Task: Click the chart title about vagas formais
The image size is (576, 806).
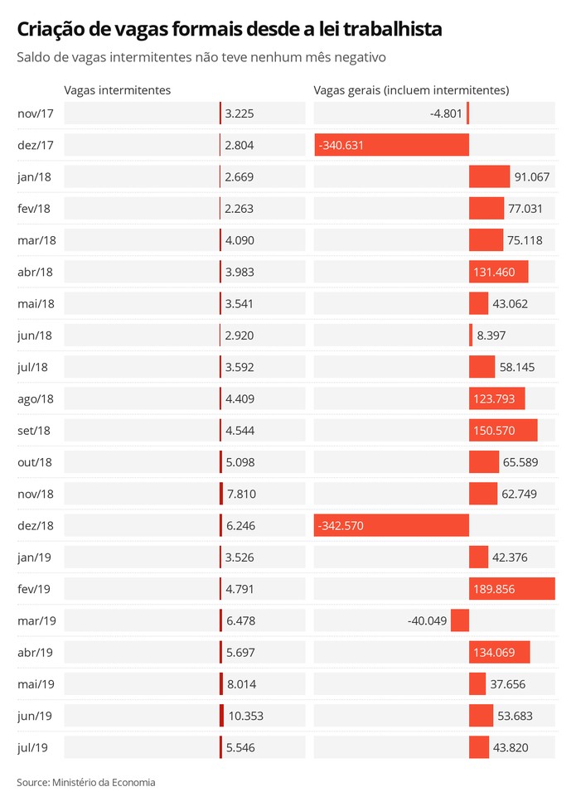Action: tap(230, 30)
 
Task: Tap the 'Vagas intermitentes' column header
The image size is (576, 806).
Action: tap(117, 90)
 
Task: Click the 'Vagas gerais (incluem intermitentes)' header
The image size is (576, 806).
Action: tap(411, 90)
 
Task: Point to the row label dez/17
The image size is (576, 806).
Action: tap(35, 145)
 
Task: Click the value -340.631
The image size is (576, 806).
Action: tap(341, 145)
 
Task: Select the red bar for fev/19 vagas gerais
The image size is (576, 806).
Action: tap(511, 588)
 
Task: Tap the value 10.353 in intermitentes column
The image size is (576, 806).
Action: tap(244, 715)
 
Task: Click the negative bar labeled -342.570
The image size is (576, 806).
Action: tap(391, 525)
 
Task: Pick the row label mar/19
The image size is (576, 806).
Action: tap(36, 620)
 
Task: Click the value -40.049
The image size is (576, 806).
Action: tap(428, 620)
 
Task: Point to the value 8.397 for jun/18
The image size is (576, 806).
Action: tap(491, 335)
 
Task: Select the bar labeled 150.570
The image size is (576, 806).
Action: tap(503, 430)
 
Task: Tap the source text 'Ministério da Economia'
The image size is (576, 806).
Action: tap(104, 782)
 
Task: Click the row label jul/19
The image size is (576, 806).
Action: tap(32, 747)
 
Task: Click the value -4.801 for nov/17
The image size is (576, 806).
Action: tap(447, 113)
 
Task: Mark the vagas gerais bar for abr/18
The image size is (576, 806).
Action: tap(498, 272)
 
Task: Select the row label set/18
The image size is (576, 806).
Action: tap(34, 430)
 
